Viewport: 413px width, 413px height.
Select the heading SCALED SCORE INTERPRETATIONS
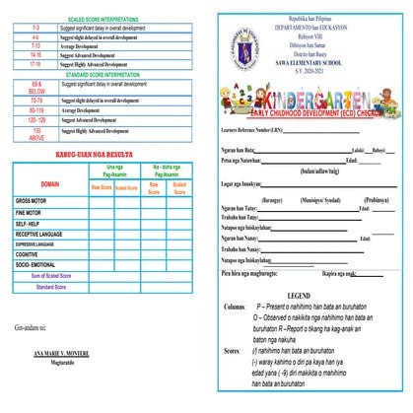pos(99,19)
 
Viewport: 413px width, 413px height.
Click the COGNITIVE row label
pos(31,252)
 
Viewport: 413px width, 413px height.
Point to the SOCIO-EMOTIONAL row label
pos(39,264)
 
